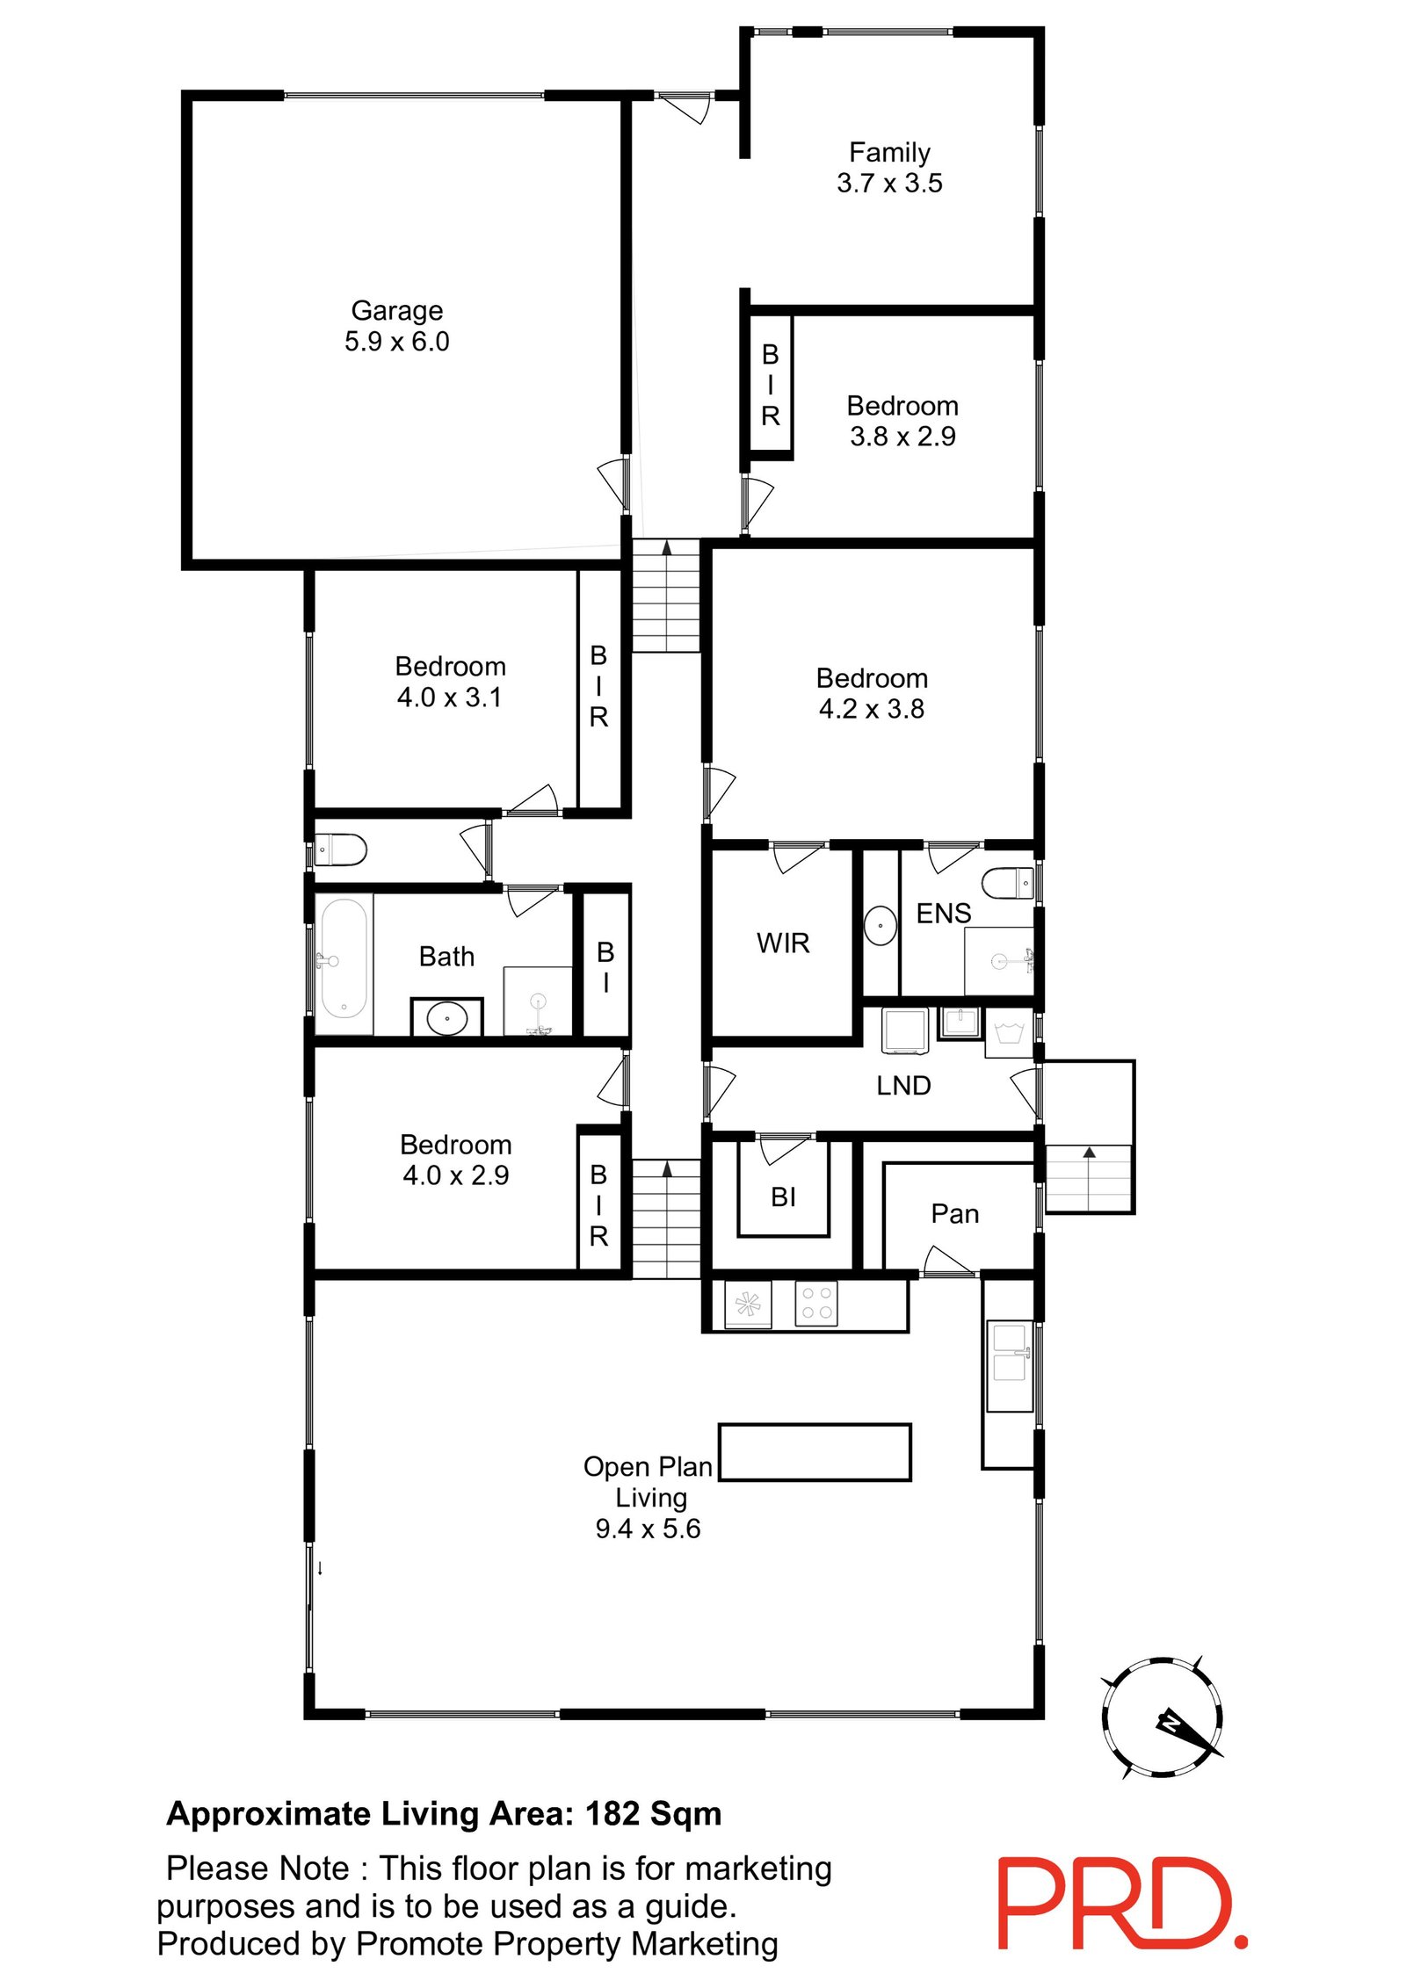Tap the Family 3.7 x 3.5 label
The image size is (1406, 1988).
point(888,167)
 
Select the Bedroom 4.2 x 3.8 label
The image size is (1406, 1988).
point(871,693)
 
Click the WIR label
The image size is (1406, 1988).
point(782,943)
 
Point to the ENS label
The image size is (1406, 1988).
point(943,913)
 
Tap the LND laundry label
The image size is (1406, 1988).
point(902,1085)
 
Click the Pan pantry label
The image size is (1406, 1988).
point(954,1213)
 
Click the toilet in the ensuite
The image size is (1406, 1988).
point(1007,882)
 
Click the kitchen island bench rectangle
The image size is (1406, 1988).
point(814,1452)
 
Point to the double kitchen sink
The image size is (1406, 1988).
point(1010,1366)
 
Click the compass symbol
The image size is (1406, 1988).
point(1162,1717)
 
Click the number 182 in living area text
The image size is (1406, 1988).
point(612,1814)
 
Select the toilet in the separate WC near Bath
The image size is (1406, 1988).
point(341,849)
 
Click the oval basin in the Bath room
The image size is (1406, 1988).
point(446,1018)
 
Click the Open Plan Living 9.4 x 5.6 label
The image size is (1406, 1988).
point(648,1497)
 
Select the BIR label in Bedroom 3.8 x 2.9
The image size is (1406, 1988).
point(770,385)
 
